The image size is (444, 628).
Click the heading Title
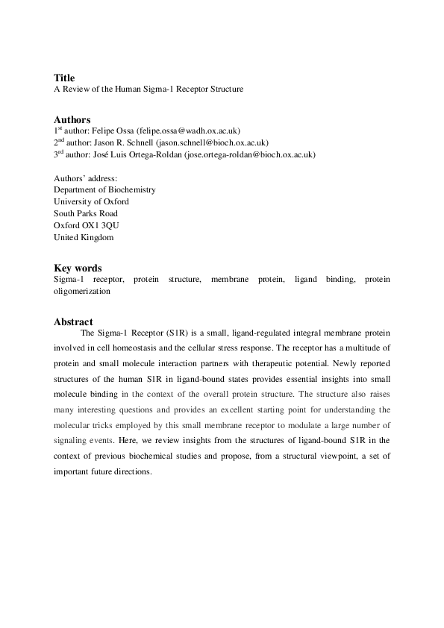(64, 78)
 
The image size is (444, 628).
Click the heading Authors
(72, 119)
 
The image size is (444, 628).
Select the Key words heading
(78, 268)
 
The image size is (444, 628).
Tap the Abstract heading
(73, 321)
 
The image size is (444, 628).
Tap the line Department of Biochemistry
(104, 189)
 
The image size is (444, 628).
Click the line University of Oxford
(91, 201)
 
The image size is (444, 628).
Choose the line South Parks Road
(86, 213)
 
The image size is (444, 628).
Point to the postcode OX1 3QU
(93, 225)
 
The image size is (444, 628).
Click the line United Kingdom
(84, 237)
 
